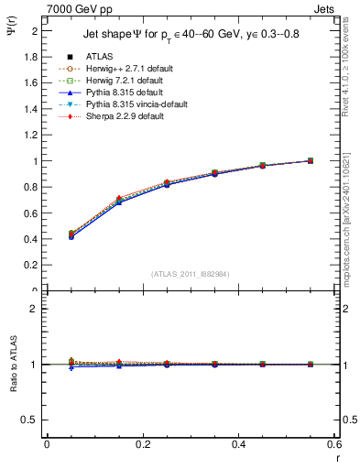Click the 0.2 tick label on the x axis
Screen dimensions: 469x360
pos(143,444)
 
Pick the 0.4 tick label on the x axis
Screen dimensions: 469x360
pos(239,444)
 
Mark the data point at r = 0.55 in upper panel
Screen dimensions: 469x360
pos(311,161)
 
